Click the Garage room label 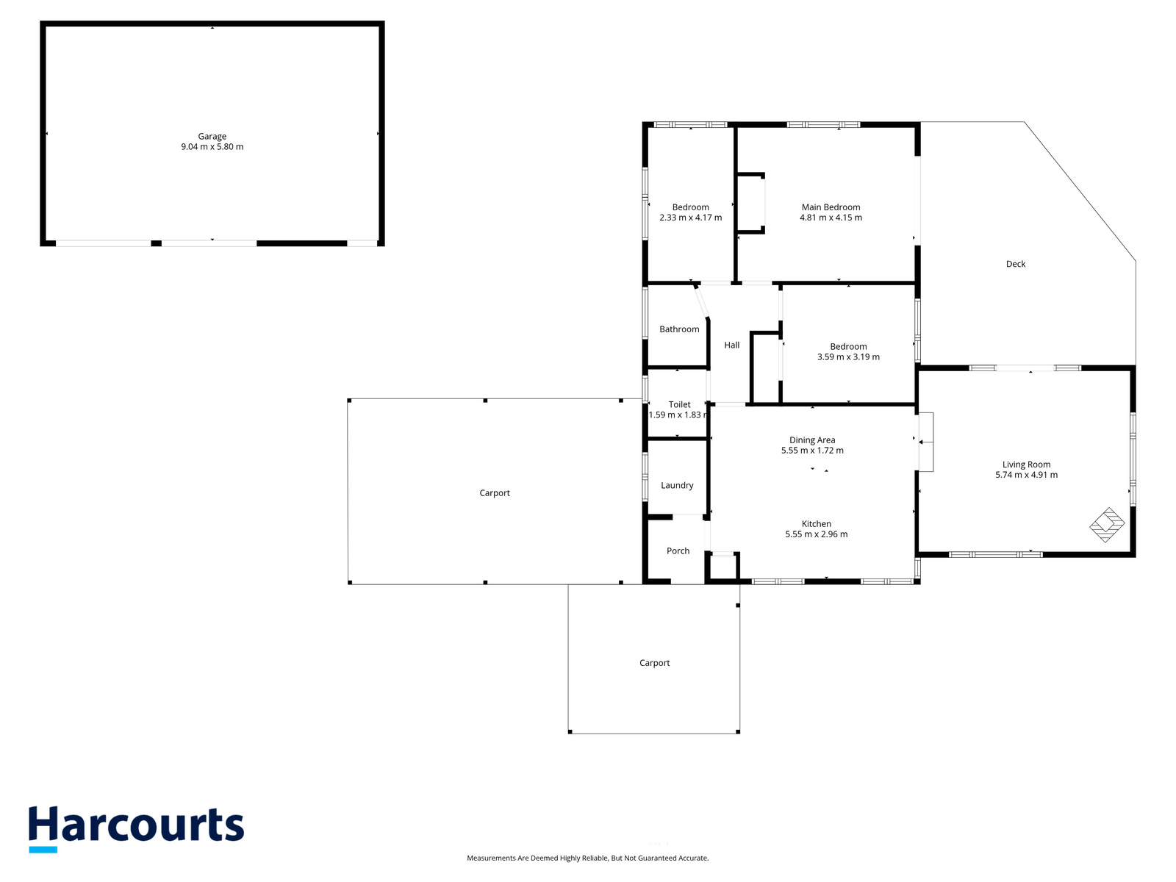point(212,137)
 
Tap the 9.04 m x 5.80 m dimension point(212,147)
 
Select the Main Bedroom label point(831,207)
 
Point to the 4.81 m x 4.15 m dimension point(831,218)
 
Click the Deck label point(1016,264)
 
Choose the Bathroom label point(679,329)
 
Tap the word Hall point(732,345)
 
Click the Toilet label point(679,405)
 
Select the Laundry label point(677,486)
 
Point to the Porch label point(678,551)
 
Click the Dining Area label point(812,440)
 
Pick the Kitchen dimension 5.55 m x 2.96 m point(817,534)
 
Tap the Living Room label point(1027,465)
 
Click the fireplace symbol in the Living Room point(1107,525)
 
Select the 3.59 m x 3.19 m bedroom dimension point(849,357)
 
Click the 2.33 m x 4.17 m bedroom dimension point(691,218)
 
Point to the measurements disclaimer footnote point(588,858)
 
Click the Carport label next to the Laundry point(495,493)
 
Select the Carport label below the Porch point(655,663)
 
